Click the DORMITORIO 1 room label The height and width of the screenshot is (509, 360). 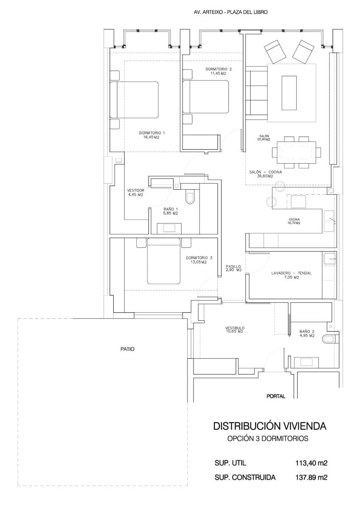pyautogui.click(x=152, y=133)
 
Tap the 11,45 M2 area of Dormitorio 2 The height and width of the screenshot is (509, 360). pyautogui.click(x=218, y=73)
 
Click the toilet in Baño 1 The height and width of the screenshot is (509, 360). pyautogui.click(x=190, y=198)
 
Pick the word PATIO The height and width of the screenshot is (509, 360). pyautogui.click(x=127, y=349)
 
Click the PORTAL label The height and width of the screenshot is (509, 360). pyautogui.click(x=276, y=396)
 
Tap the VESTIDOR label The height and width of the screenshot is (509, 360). pyautogui.click(x=136, y=190)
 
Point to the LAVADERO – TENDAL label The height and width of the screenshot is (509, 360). pyautogui.click(x=291, y=273)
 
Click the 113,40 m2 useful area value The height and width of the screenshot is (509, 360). pyautogui.click(x=311, y=463)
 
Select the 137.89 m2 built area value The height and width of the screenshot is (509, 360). pyautogui.click(x=311, y=478)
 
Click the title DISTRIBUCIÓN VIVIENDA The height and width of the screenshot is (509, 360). pyautogui.click(x=270, y=425)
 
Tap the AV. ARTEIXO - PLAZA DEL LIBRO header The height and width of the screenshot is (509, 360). pyautogui.click(x=230, y=13)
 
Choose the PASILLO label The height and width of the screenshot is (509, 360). pyautogui.click(x=233, y=266)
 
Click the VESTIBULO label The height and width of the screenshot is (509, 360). pyautogui.click(x=234, y=328)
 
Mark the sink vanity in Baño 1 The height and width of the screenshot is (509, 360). pyautogui.click(x=169, y=228)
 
